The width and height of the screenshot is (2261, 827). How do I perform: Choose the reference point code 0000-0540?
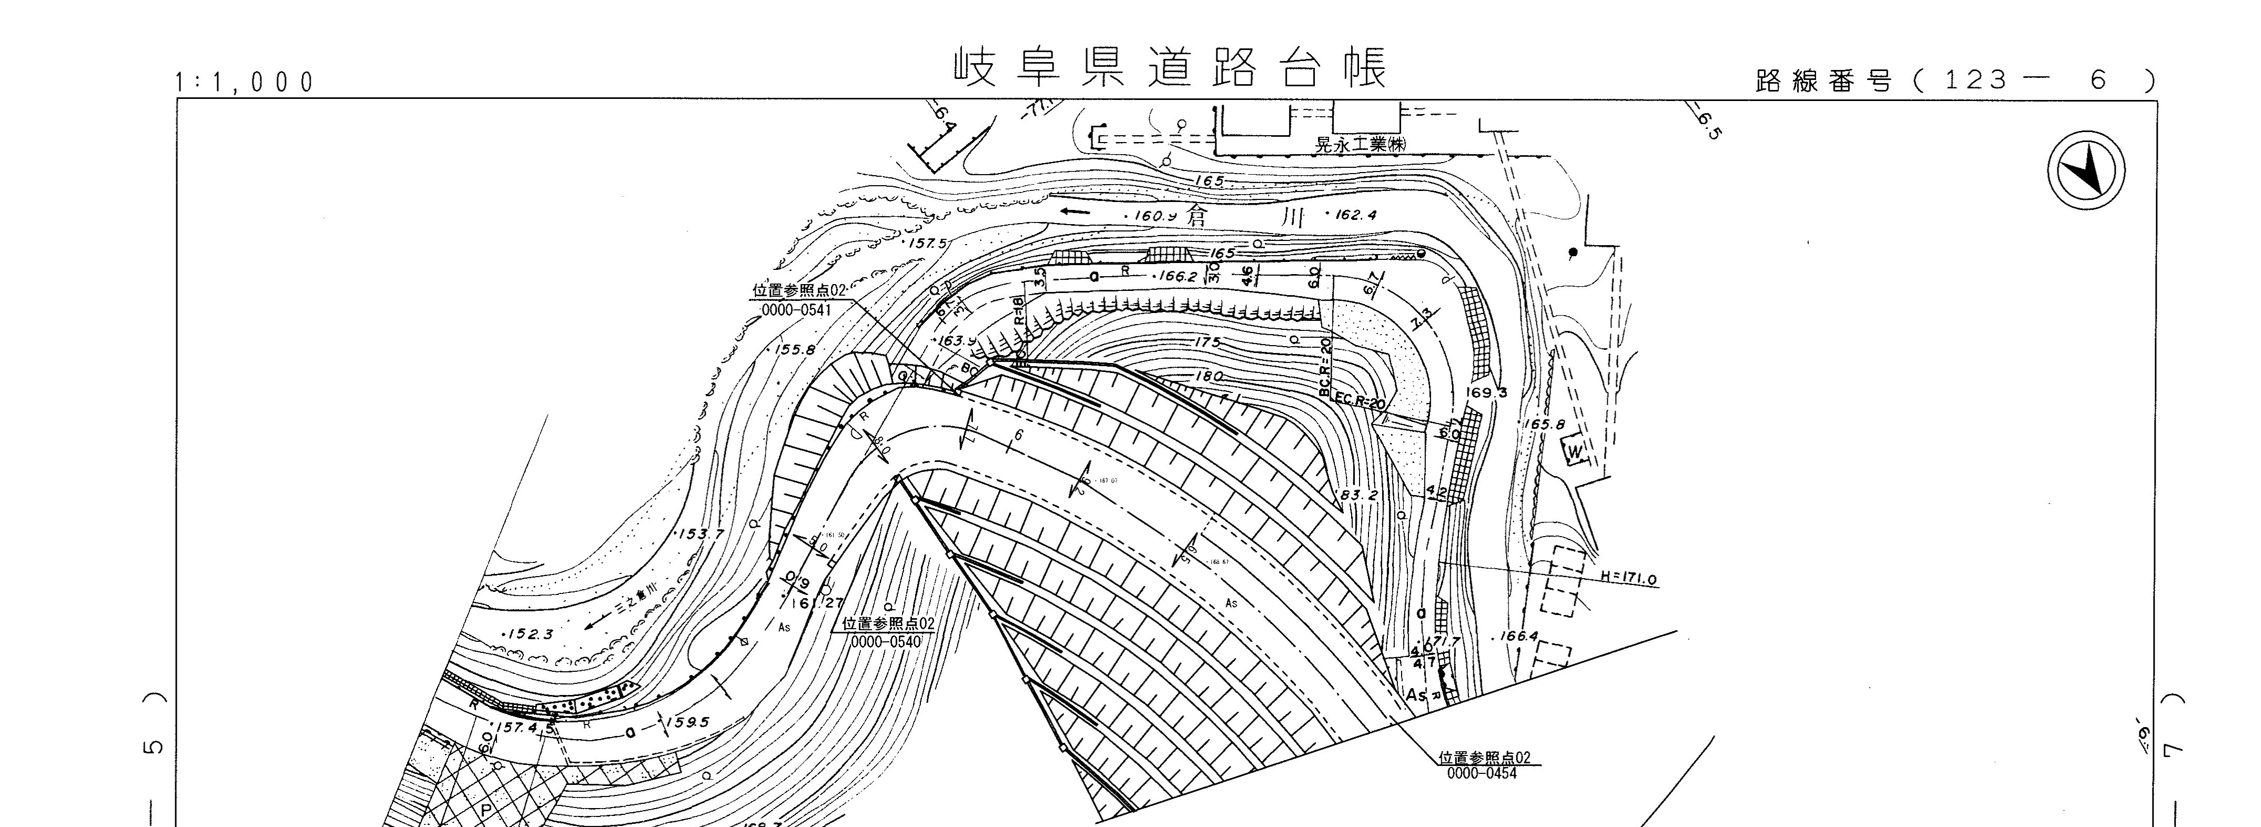click(x=887, y=642)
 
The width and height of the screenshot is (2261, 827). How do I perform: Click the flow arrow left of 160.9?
click(x=1075, y=211)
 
